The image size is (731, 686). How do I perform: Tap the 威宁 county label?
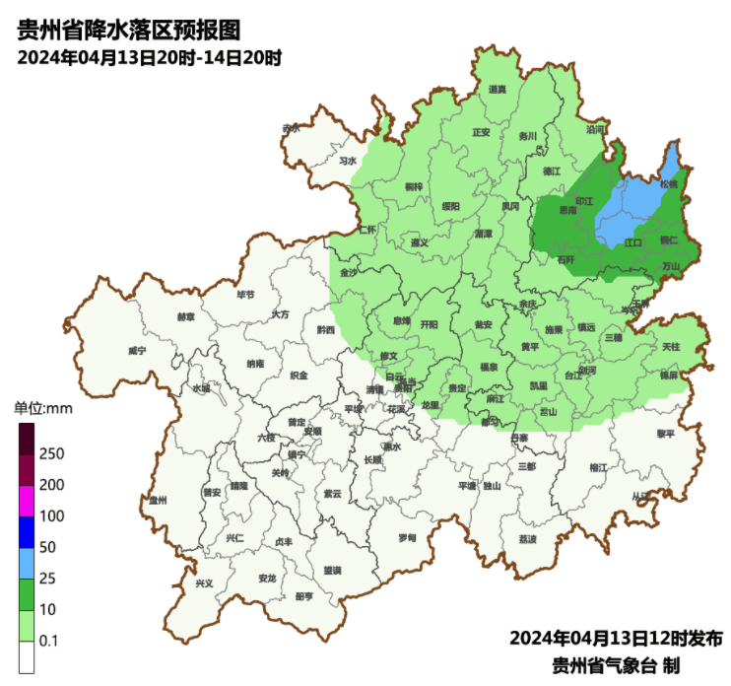[137, 351]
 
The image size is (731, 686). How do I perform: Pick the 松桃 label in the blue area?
[669, 183]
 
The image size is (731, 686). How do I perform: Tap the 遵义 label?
[421, 242]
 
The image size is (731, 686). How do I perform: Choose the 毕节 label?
[245, 294]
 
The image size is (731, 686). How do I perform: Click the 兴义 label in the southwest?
[204, 583]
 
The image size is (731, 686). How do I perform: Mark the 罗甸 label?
[407, 538]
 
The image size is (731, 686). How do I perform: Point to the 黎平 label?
[666, 434]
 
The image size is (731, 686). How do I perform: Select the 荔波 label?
[527, 539]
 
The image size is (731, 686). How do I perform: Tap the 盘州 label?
[158, 501]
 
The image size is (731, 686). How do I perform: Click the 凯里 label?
[539, 386]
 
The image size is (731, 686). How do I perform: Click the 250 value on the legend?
[51, 453]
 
